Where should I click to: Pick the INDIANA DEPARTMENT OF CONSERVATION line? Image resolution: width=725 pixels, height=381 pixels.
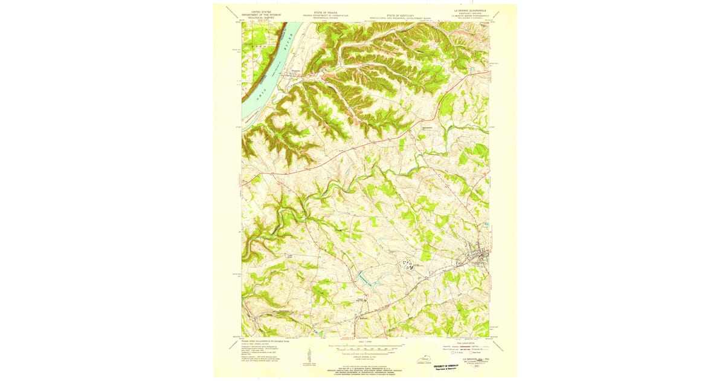click(x=325, y=15)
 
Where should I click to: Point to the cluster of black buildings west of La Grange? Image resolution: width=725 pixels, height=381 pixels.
click(x=408, y=264)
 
